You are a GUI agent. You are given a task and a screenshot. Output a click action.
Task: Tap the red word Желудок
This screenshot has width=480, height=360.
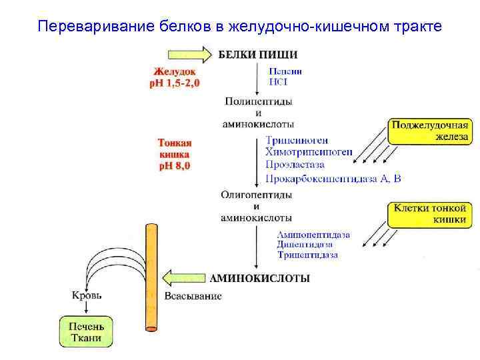coord(174,71)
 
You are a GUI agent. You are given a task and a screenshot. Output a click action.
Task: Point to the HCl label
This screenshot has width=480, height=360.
coord(278,82)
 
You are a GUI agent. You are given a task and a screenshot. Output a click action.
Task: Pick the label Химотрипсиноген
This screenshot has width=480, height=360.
coord(309,153)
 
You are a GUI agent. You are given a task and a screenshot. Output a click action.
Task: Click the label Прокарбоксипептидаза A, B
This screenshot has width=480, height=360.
coord(333,178)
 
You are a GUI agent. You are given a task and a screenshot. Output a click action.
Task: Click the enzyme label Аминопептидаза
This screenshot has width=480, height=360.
coord(313,235)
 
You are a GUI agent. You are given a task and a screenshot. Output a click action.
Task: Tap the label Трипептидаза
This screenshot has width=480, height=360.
coord(307,255)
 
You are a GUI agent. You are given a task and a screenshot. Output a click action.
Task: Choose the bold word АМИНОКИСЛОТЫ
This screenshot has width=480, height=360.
coord(259,279)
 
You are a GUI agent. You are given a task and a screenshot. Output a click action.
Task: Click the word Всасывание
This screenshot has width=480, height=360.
coord(193,296)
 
